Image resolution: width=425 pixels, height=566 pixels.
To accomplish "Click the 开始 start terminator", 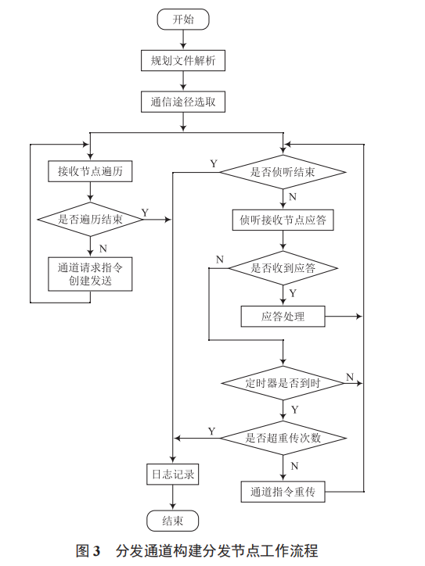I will coord(183,20).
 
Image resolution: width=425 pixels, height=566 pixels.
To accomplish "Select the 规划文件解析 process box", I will coord(183,59).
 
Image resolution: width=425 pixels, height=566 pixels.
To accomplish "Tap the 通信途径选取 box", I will coord(183,102).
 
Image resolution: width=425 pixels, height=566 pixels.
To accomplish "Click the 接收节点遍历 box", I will coord(90,170).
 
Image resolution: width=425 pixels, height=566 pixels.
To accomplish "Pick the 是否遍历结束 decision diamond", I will coord(90,220).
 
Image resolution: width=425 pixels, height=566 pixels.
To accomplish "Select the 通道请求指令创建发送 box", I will coord(90,273).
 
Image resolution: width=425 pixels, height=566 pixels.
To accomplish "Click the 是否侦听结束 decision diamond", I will coord(283,172).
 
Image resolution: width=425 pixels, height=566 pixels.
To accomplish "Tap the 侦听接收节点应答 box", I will coord(283,220).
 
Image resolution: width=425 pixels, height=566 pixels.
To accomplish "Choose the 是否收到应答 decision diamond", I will coord(283,267).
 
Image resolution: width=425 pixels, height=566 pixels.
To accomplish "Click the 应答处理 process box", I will coord(283,317).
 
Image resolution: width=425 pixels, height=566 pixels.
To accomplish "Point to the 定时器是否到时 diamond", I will coord(283,383).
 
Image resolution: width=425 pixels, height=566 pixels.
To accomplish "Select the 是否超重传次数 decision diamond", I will coord(283,437).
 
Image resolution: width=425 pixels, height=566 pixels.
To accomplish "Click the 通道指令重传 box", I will coord(283,492).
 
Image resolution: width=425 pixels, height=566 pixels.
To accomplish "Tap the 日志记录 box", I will coord(171,474).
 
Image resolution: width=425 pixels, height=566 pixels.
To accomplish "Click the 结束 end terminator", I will coord(171,521).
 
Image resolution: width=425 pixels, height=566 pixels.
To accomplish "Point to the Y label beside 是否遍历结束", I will coord(145,213).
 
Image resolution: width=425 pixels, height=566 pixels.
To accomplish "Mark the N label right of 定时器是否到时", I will coord(349,376).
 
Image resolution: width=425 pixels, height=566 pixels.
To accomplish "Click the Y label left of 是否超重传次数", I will coord(211,431).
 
